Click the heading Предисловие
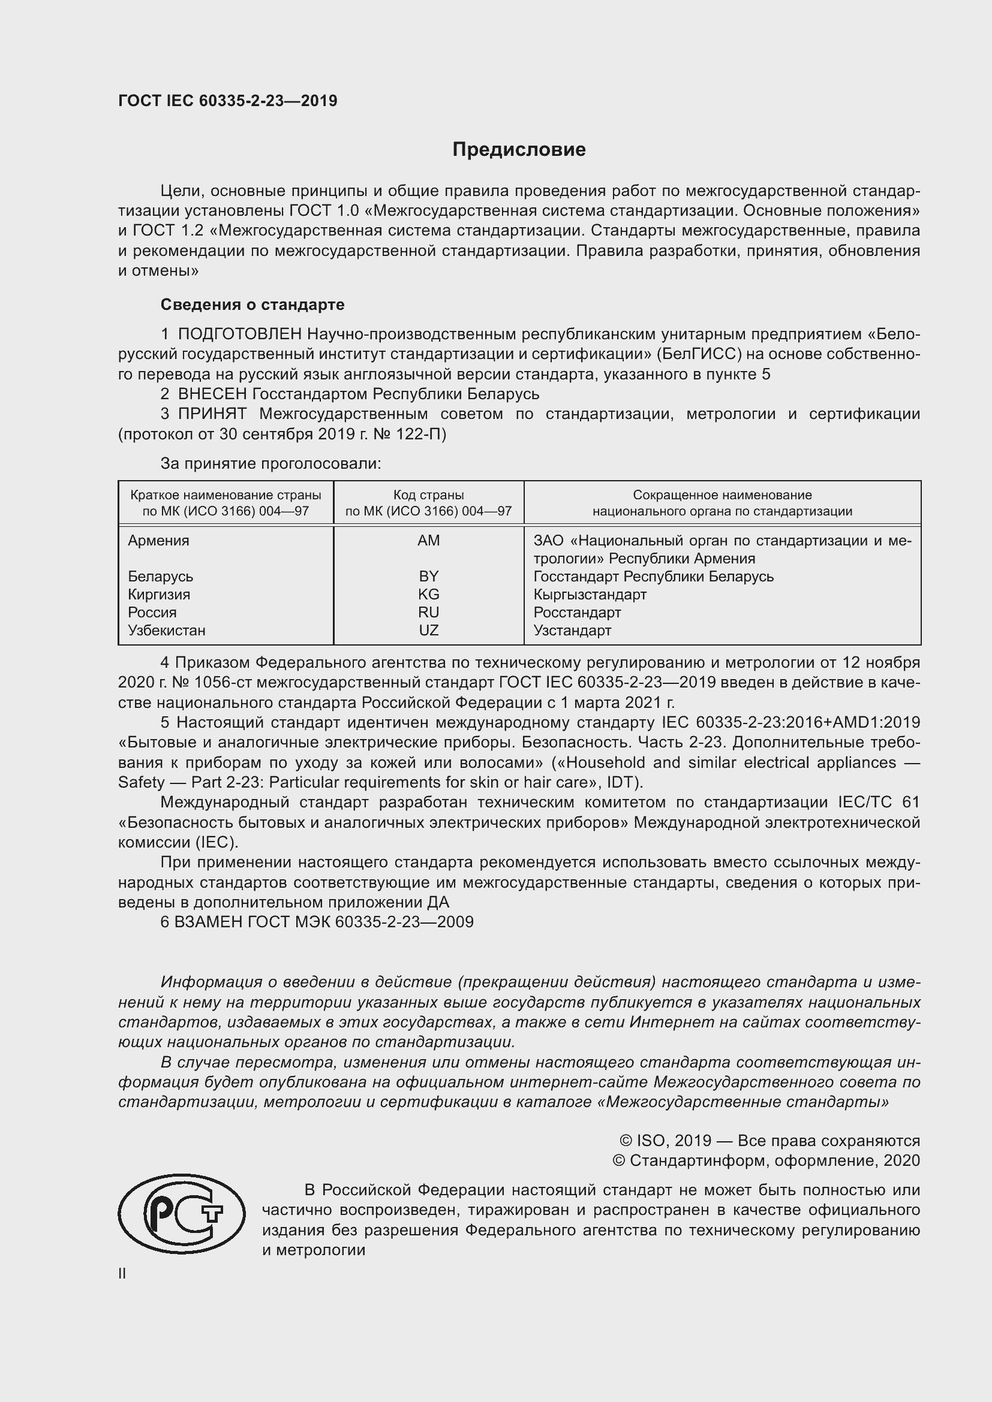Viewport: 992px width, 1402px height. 519,150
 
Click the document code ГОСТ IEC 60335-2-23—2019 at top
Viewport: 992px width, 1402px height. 227,101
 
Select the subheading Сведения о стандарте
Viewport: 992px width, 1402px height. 252,304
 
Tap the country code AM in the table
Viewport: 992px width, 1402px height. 428,541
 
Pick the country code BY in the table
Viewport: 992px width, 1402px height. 428,577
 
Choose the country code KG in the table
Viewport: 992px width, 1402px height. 428,594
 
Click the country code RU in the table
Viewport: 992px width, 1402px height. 428,612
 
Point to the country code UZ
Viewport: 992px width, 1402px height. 428,630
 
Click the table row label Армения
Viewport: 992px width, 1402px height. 158,541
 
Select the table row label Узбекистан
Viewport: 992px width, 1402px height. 166,630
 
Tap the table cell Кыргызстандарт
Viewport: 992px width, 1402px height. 590,594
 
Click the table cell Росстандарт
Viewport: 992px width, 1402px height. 576,612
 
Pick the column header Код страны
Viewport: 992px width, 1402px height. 428,495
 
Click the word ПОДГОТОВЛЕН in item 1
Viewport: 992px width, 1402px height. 239,334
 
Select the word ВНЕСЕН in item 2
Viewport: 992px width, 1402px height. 212,394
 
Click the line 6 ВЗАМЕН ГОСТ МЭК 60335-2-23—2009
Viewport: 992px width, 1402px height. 317,922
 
